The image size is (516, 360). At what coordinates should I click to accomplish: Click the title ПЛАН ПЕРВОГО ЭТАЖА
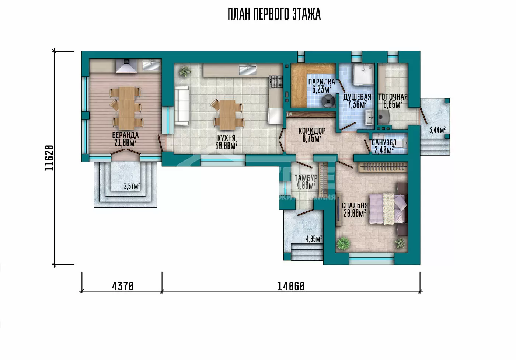click(x=274, y=14)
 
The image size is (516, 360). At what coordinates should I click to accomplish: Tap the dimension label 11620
click(x=49, y=158)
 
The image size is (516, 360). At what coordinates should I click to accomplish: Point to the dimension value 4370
click(x=123, y=287)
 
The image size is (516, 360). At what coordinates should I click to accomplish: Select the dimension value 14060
click(x=291, y=287)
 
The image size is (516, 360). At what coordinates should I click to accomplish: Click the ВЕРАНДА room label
click(x=125, y=135)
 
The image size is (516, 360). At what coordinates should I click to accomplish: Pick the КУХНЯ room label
click(x=226, y=138)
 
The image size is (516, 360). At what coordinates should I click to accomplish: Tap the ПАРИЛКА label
click(x=321, y=82)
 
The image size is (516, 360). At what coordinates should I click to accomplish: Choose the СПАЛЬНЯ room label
click(x=355, y=205)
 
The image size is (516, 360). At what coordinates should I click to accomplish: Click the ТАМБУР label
click(x=306, y=178)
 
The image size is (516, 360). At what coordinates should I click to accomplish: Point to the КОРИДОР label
click(x=312, y=131)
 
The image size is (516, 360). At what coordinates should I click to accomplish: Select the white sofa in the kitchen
click(x=182, y=106)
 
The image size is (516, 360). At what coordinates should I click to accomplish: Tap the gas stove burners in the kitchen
click(x=276, y=82)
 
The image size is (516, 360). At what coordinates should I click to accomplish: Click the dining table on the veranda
click(x=126, y=108)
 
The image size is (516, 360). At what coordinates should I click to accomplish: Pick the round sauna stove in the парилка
click(x=328, y=101)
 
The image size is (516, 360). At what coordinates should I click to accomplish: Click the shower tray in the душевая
click(x=364, y=74)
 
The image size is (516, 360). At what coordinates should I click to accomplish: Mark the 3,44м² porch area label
click(x=437, y=130)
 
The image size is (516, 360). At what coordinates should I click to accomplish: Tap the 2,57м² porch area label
click(x=132, y=186)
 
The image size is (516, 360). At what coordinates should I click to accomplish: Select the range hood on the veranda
click(x=126, y=66)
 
